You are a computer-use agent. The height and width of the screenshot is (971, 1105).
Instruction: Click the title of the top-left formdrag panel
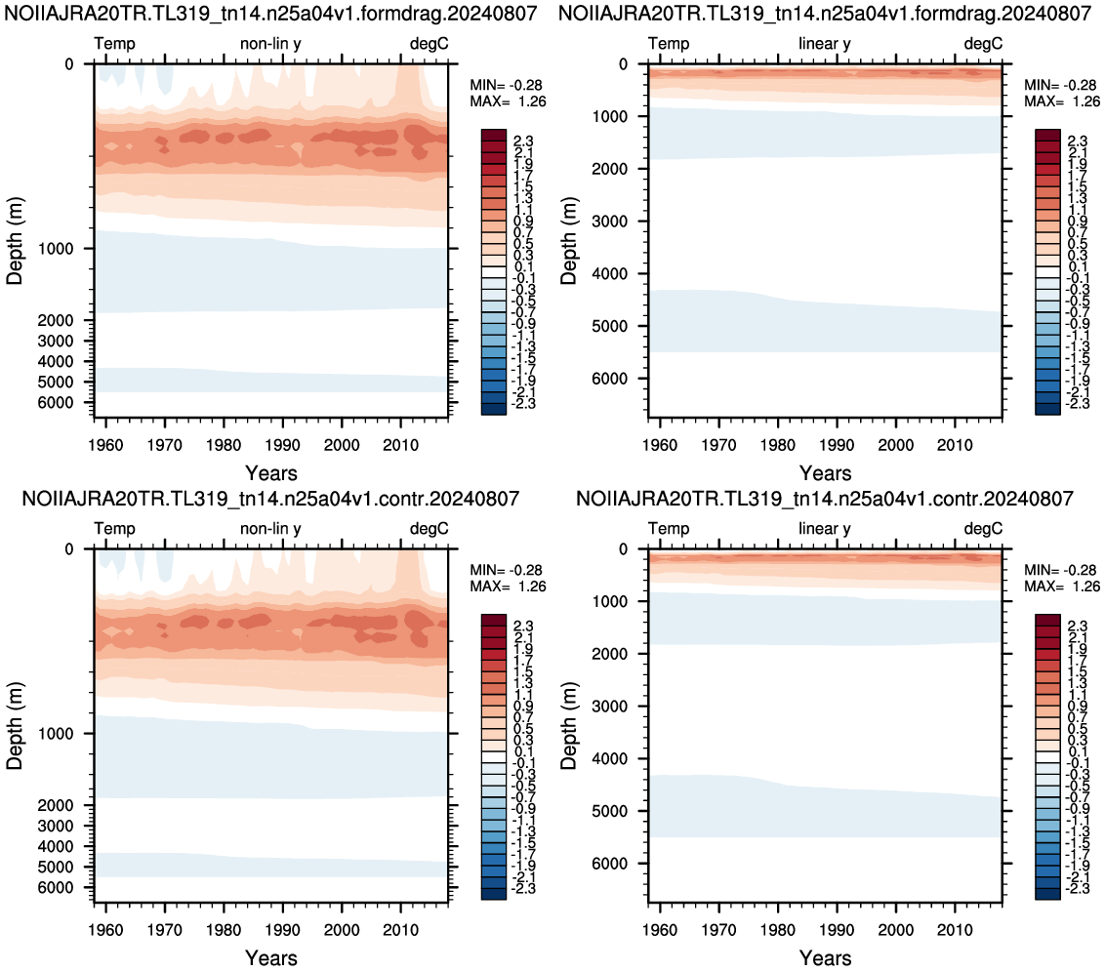coord(271,14)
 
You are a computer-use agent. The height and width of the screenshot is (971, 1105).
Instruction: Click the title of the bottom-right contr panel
coord(825,499)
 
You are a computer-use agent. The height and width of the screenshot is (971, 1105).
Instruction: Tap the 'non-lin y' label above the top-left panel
coord(270,44)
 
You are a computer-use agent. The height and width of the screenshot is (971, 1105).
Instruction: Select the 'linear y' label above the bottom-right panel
coord(825,529)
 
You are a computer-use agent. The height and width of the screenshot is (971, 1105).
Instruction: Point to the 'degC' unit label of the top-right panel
coord(983,44)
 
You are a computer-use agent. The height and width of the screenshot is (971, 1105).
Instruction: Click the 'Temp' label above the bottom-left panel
coord(115,529)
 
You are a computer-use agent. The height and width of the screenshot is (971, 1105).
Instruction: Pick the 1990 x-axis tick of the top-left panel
coord(282,445)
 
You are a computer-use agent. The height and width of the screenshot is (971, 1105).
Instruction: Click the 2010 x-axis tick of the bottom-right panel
coord(955,930)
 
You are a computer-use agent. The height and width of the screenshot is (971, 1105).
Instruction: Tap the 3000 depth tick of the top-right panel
coord(609,222)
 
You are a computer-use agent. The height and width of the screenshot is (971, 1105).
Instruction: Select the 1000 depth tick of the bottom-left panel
coord(56,734)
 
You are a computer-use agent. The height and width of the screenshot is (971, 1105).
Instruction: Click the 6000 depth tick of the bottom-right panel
coord(609,864)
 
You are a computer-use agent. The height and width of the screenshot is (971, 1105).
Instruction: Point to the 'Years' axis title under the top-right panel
coord(825,473)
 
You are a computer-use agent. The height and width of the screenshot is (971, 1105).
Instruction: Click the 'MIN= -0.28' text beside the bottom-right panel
coord(1062,570)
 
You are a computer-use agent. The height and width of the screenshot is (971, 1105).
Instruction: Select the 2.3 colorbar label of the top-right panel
coord(1079,142)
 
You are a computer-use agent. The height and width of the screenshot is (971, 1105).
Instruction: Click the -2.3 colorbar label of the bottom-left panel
coord(522,889)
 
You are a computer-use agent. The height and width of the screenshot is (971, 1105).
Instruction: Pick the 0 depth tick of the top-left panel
coord(69,64)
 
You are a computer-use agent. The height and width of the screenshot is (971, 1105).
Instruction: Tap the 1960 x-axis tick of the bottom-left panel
coord(105,930)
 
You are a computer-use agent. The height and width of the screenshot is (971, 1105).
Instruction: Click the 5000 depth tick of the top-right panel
coord(609,326)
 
